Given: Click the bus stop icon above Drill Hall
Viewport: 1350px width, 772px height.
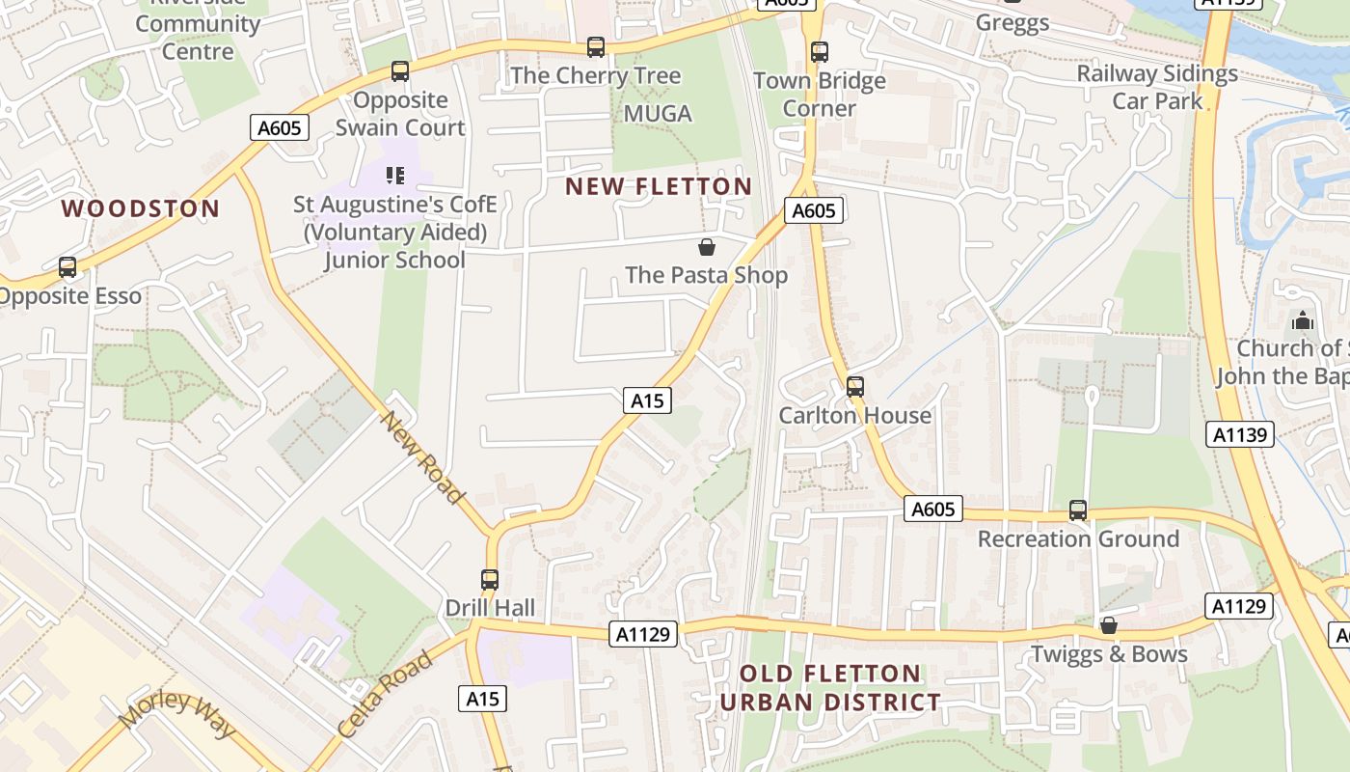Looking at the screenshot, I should [x=490, y=580].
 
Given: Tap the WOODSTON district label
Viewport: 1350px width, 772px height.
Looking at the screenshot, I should [x=141, y=208].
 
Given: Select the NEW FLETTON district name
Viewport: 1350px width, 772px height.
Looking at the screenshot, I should [x=659, y=186].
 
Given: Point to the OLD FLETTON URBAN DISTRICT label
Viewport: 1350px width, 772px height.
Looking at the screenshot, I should [x=830, y=688].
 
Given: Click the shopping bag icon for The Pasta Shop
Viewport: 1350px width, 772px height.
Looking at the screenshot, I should [x=707, y=248].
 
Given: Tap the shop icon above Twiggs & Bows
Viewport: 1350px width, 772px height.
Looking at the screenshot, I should [x=1109, y=626].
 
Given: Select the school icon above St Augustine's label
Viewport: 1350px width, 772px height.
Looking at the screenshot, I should [x=395, y=175].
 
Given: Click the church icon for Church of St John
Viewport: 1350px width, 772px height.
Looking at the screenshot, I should [x=1303, y=320].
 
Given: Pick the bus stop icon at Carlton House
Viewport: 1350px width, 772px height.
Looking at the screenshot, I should [x=855, y=388].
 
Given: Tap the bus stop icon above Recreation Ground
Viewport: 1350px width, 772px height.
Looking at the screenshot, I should [x=1078, y=510].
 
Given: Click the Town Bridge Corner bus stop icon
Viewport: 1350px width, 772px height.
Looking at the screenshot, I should [x=820, y=52].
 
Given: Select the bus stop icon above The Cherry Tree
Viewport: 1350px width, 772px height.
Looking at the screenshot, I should [x=596, y=47].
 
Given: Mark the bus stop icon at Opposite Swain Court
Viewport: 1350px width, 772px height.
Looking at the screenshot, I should [x=400, y=71].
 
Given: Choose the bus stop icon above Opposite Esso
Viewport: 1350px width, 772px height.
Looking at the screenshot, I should [x=67, y=267].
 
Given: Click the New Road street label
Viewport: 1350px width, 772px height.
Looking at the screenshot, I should [x=423, y=457].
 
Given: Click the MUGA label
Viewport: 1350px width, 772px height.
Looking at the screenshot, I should [x=658, y=114].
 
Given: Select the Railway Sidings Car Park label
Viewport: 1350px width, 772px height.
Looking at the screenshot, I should [x=1157, y=87].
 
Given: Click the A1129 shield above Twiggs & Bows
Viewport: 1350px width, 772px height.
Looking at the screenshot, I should [x=1238, y=606].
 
